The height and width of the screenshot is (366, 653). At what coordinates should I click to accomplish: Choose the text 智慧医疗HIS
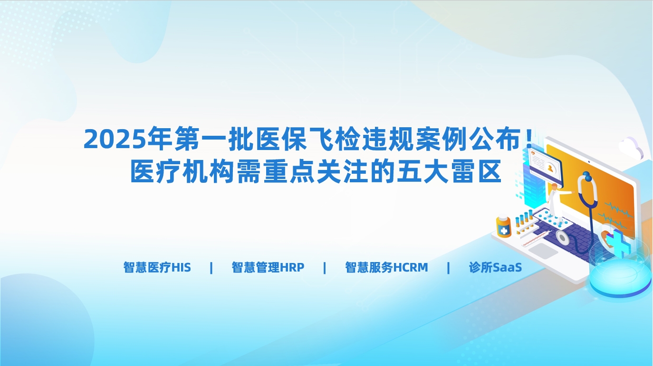(157, 267)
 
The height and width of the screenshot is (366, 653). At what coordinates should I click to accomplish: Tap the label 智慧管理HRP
(268, 267)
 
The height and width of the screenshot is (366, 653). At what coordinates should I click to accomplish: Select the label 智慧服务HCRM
(386, 267)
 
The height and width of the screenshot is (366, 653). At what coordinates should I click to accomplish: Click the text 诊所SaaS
(495, 267)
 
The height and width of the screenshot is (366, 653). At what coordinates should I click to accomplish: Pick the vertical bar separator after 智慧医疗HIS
(211, 268)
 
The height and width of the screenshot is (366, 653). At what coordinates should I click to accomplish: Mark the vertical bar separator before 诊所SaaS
(449, 268)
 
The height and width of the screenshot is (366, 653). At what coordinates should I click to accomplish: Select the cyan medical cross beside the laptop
(622, 243)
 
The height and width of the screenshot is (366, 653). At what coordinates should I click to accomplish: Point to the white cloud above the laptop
(632, 147)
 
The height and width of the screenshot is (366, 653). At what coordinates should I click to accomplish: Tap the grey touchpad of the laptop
(543, 250)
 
